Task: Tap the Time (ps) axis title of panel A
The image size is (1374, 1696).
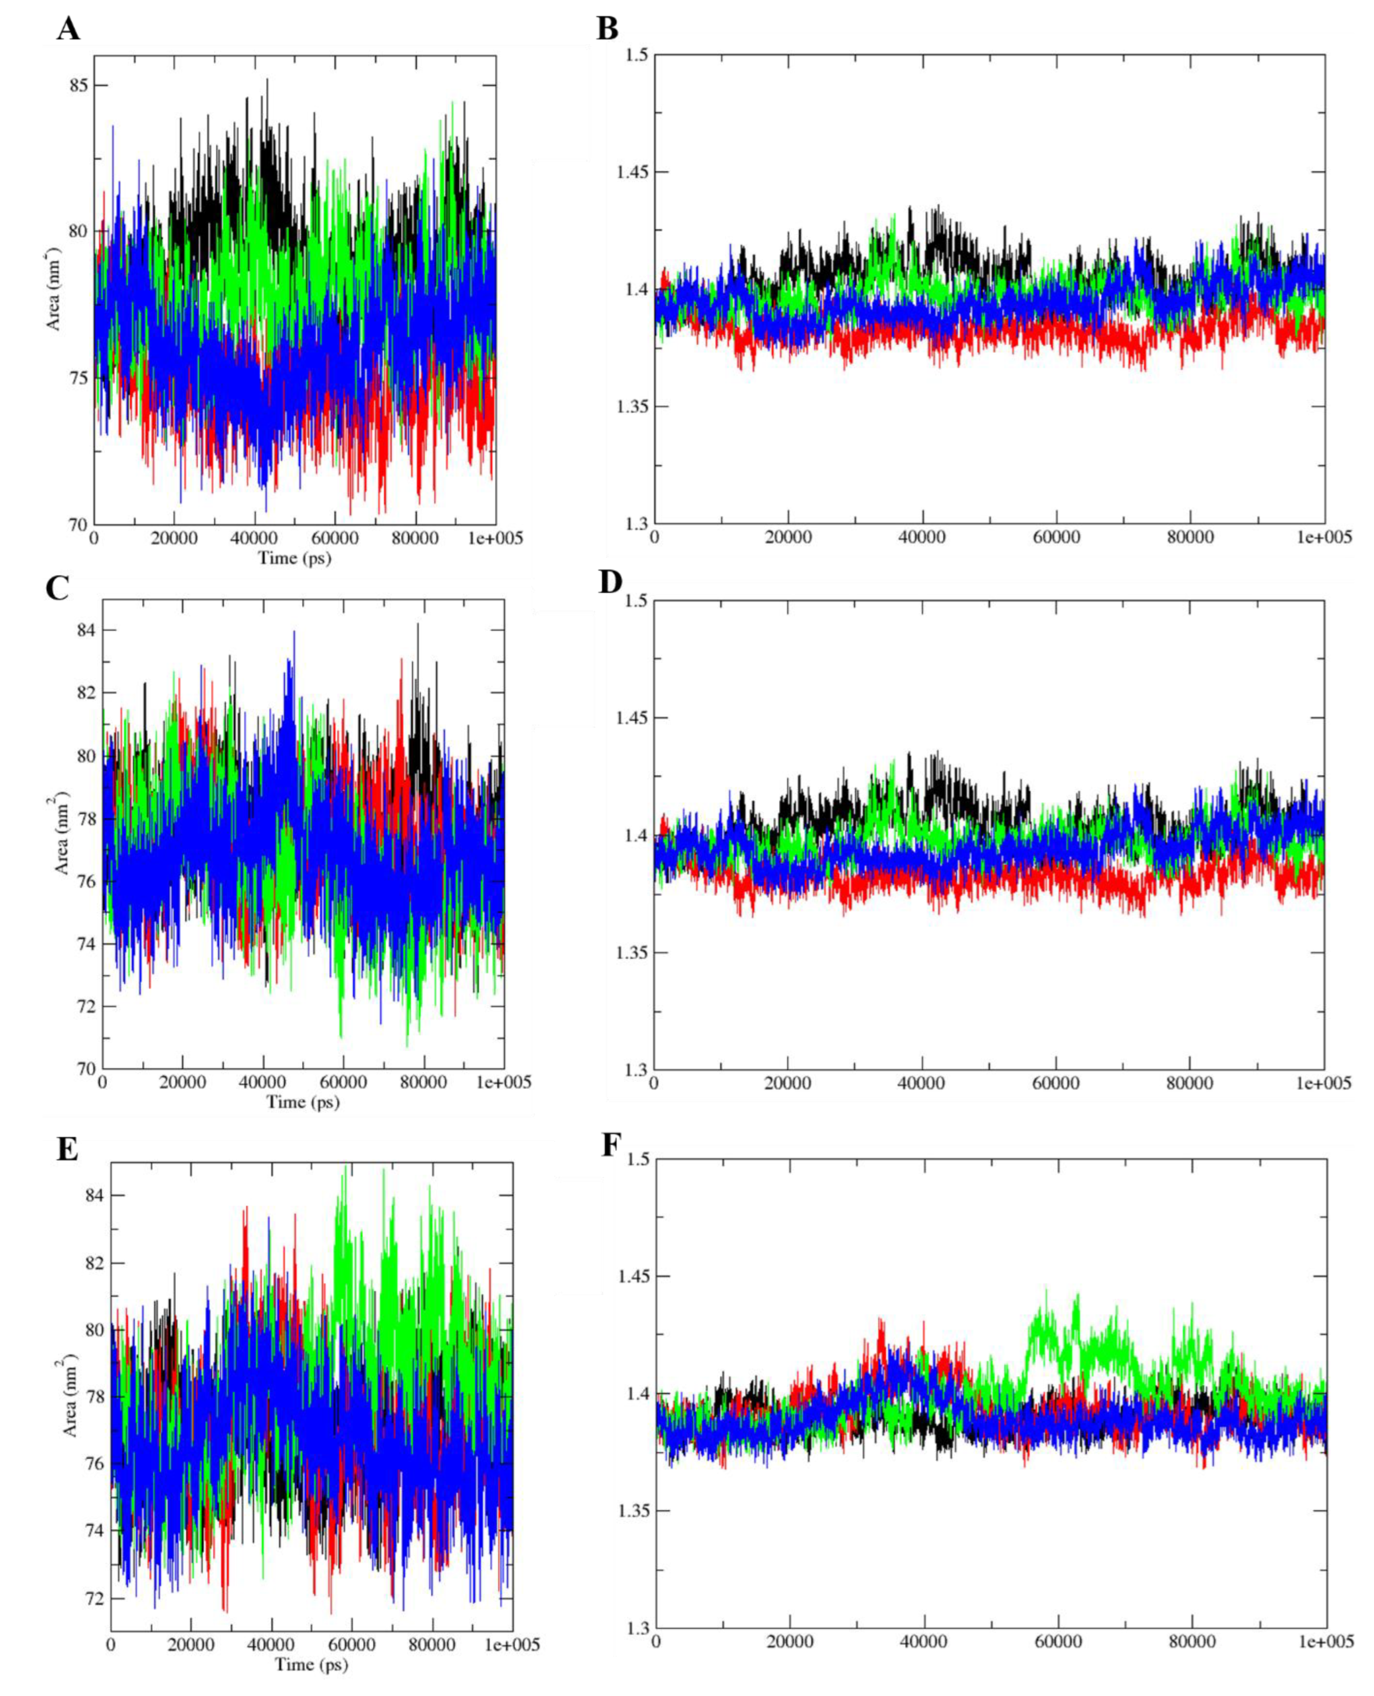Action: pyautogui.click(x=294, y=558)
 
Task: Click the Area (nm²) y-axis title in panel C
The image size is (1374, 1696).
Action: pyautogui.click(x=62, y=832)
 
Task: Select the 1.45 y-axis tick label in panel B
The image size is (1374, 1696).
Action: pyautogui.click(x=631, y=172)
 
